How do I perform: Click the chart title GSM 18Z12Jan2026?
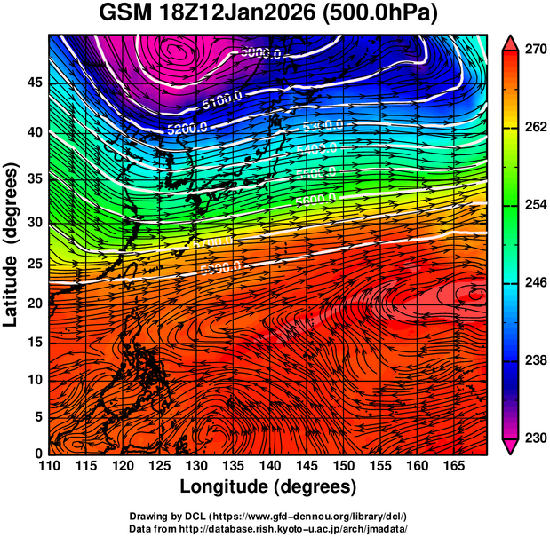(x=212, y=13)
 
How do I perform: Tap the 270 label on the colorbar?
(x=533, y=50)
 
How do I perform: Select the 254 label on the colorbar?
(x=533, y=205)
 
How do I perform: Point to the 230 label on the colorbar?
(x=533, y=438)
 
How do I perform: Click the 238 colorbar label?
(x=533, y=360)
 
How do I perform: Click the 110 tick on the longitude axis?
(x=49, y=466)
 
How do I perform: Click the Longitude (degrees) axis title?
(x=268, y=486)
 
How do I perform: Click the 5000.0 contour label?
(x=260, y=54)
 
